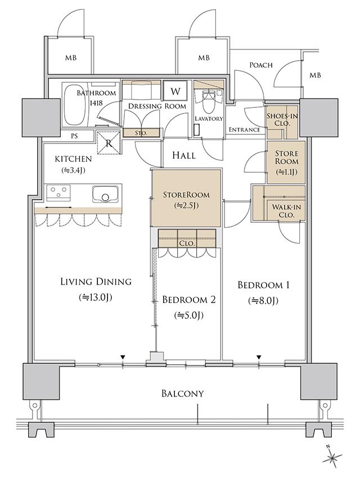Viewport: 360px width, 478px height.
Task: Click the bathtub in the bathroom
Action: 74,104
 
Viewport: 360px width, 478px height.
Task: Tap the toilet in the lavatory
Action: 209,100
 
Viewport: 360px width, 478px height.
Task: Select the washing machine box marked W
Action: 175,91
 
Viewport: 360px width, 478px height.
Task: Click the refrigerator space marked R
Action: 109,143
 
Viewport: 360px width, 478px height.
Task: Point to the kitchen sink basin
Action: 105,194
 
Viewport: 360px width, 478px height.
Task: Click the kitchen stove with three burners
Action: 58,193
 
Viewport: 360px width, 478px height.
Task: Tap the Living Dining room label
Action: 96,281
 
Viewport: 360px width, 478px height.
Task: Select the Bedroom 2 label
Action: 189,300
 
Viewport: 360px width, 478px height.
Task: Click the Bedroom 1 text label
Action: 263,285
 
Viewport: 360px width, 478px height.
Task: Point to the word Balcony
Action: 182,393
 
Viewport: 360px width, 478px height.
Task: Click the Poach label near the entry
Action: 261,65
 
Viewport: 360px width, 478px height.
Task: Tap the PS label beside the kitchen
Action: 74,136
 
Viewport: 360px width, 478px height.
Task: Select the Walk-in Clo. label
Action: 286,211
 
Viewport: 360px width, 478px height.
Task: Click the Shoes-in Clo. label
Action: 282,119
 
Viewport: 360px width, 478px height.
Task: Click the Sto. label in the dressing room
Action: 141,133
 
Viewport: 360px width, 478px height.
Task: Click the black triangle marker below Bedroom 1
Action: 259,357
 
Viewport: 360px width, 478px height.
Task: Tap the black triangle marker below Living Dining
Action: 123,357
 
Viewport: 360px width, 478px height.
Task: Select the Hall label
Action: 184,155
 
